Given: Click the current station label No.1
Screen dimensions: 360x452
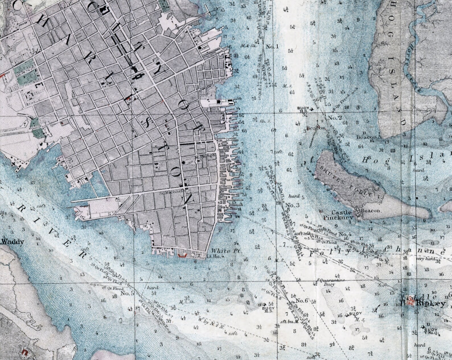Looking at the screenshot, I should (x=272, y=46).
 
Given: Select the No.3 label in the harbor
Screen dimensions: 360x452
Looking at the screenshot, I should (x=291, y=205).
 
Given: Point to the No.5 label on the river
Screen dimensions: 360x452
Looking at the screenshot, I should (x=127, y=293).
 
